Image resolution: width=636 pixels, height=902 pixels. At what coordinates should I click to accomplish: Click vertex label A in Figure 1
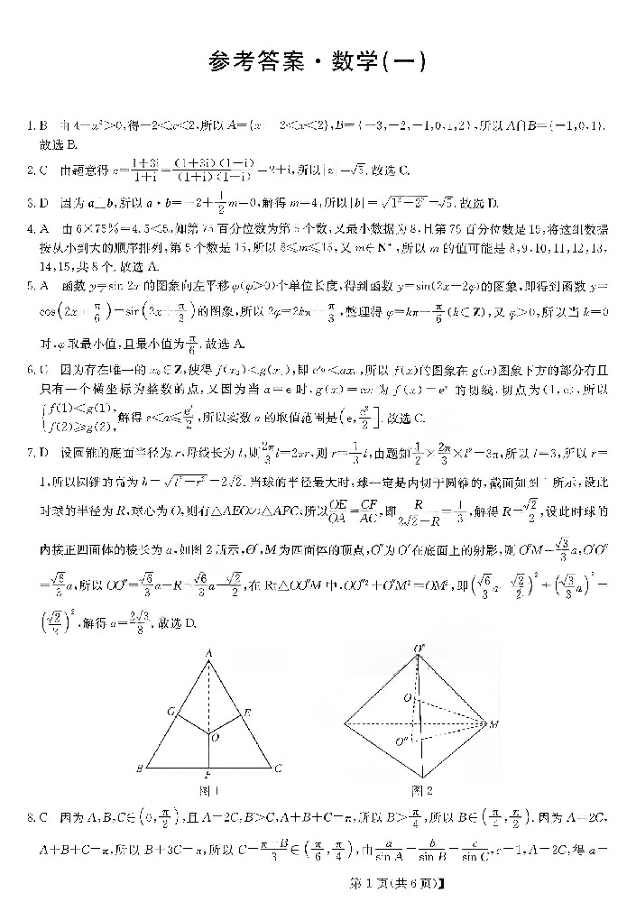207,651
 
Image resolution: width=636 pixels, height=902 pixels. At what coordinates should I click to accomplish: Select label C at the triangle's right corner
279,768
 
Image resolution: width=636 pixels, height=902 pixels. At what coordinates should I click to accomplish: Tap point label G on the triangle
170,710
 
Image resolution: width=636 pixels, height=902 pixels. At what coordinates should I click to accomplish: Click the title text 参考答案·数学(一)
317,63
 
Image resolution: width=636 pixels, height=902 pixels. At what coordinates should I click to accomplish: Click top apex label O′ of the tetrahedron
420,649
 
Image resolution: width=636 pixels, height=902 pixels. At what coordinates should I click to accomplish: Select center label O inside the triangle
214,737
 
